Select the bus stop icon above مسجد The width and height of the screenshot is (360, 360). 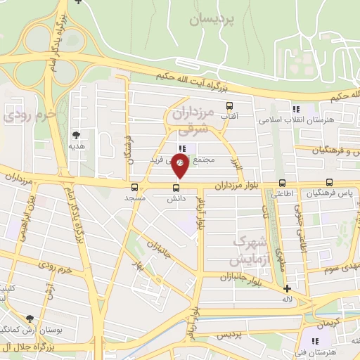point(134,186)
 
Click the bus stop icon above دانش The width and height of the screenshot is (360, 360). point(176,186)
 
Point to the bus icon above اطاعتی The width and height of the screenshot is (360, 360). point(282,183)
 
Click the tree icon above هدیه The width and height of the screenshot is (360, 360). point(76,134)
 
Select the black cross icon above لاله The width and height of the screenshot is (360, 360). point(287,288)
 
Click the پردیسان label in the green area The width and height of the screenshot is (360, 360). point(210,20)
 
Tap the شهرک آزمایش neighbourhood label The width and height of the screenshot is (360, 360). point(243,251)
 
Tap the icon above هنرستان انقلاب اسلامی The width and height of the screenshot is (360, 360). point(295,109)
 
